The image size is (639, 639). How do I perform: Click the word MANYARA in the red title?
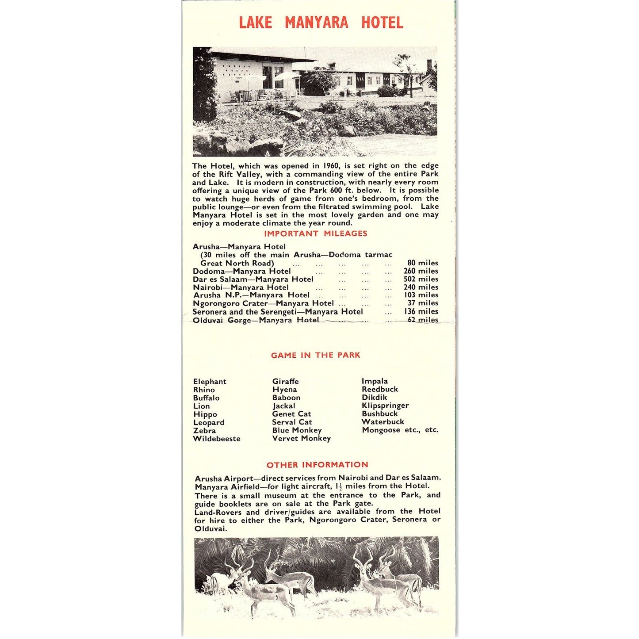(x=316, y=23)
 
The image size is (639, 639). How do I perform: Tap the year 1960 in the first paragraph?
(x=331, y=166)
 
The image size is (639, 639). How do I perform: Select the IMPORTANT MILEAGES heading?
(x=315, y=233)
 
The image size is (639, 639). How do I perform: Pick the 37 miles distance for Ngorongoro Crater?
(x=423, y=303)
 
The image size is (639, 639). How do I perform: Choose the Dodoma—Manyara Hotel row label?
(x=241, y=271)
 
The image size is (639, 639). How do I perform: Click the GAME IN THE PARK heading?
(x=315, y=355)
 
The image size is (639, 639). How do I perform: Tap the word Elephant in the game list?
(x=210, y=382)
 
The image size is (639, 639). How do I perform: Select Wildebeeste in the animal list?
(x=217, y=439)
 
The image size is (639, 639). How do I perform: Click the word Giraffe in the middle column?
(x=285, y=381)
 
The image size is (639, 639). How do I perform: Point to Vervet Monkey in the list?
(x=301, y=438)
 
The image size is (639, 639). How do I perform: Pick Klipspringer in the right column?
(x=385, y=406)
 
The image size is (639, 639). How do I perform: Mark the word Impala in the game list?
(x=375, y=381)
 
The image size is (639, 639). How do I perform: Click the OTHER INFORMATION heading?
(x=317, y=465)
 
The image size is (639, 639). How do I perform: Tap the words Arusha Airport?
(x=224, y=478)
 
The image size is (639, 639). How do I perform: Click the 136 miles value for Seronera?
(x=421, y=311)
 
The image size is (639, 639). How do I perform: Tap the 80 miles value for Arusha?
(x=423, y=263)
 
